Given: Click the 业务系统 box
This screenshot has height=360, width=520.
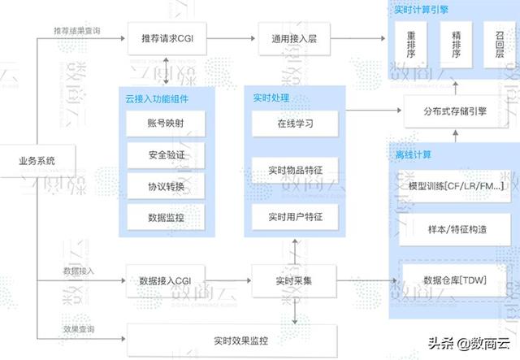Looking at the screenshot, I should click(37, 161).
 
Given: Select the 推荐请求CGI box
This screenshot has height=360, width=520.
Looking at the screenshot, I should click(166, 38).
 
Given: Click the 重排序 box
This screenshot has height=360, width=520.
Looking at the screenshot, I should click(412, 43).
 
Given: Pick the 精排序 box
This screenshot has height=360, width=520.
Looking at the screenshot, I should click(455, 43).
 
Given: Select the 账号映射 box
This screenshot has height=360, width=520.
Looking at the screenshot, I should click(166, 124).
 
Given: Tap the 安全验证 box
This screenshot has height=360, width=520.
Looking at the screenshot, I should click(166, 154).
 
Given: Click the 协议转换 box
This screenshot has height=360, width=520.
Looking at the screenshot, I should click(166, 186).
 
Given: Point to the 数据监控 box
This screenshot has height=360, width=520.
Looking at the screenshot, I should click(166, 217).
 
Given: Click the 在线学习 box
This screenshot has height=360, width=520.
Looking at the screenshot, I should click(293, 124).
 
